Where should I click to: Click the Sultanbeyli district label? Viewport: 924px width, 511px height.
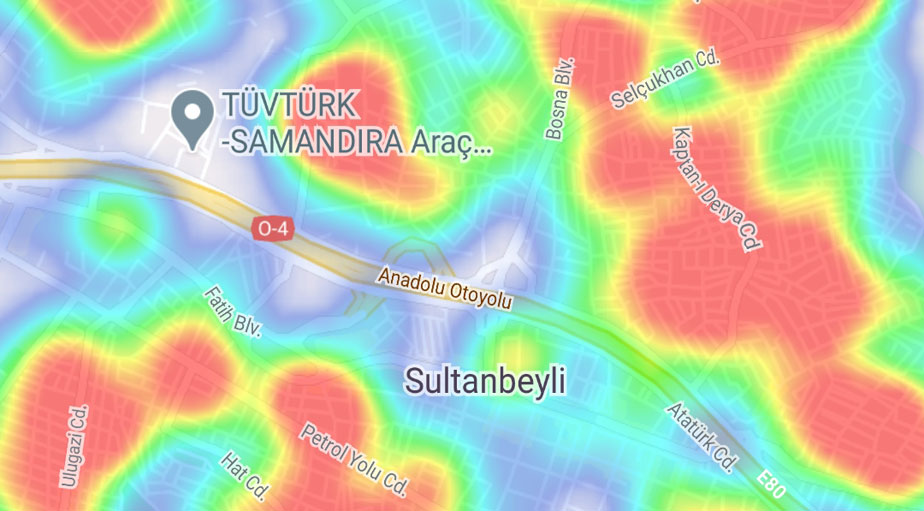coord(485,380)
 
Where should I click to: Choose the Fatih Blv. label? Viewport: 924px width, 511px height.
coord(232,311)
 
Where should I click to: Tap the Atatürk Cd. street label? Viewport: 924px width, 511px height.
coord(702,438)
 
